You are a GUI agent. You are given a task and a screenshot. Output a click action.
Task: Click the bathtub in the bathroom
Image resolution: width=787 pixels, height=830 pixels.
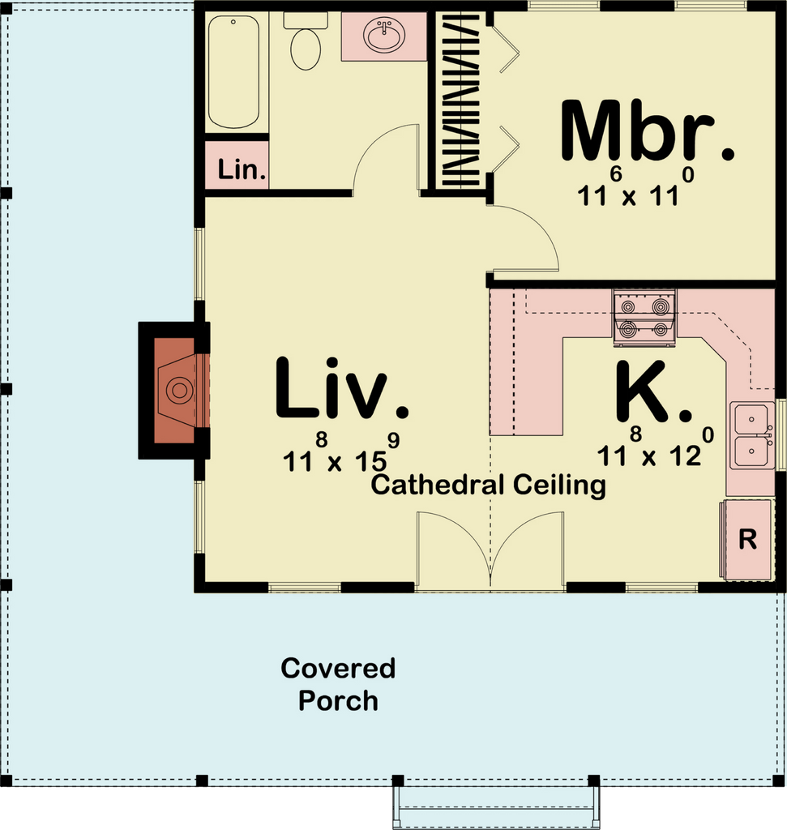click(x=233, y=71)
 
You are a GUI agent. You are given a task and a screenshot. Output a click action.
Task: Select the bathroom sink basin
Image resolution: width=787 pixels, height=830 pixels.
click(x=384, y=36)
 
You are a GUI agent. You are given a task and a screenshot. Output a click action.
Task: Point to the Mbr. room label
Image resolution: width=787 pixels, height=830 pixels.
click(x=647, y=131)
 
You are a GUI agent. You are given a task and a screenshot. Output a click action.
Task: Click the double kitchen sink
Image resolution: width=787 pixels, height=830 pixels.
click(x=751, y=435)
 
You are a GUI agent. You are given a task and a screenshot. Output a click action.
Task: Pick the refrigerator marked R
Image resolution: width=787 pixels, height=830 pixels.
click(x=747, y=540)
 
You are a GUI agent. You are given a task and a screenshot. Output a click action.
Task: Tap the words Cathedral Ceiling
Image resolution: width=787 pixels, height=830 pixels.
click(x=489, y=486)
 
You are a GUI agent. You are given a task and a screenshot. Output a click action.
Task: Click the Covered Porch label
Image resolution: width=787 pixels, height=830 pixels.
click(x=338, y=684)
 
